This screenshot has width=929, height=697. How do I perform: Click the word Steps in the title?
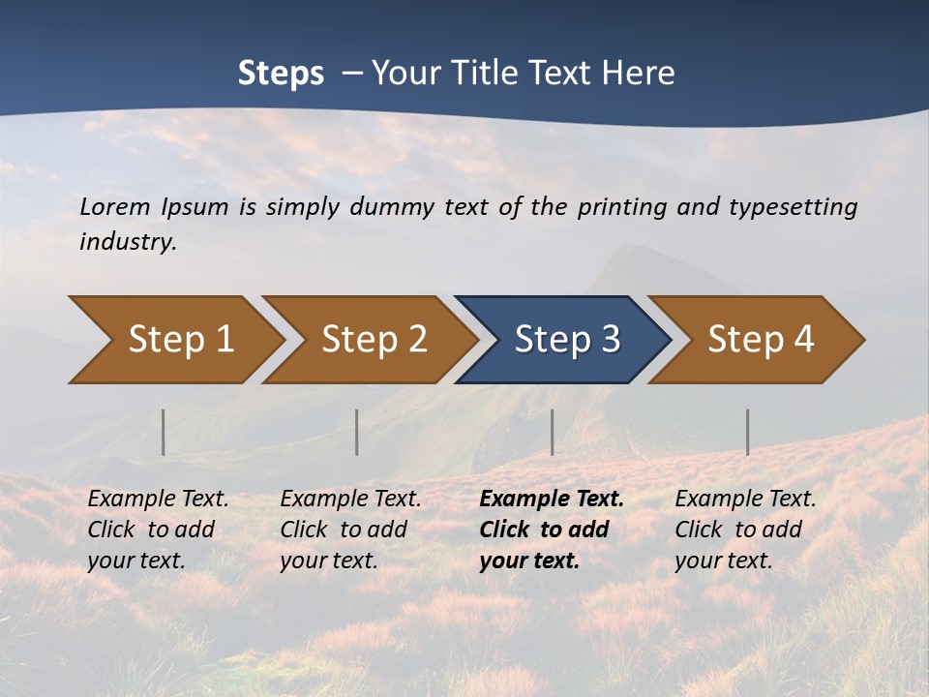(281, 74)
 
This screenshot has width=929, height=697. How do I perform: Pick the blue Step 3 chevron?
(565, 340)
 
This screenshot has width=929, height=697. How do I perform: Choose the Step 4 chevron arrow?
(759, 340)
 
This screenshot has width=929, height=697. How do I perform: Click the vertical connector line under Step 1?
(163, 432)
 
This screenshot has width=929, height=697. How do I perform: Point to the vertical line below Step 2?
(357, 432)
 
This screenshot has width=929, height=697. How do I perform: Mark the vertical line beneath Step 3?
(552, 432)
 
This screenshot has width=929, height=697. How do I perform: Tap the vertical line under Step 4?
(747, 432)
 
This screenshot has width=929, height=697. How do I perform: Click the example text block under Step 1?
(158, 530)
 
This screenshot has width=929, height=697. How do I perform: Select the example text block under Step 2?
(350, 530)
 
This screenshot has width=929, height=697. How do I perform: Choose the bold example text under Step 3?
(551, 530)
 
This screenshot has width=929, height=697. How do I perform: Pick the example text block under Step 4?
(745, 530)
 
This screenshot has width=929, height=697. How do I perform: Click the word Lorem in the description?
(114, 206)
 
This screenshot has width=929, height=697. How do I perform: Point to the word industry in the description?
(127, 242)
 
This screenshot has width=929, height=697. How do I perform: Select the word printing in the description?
(619, 206)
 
